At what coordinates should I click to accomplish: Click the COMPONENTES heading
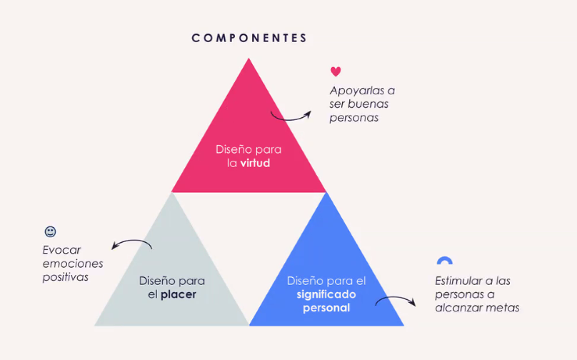tap(249, 38)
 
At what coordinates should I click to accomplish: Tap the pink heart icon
tap(336, 71)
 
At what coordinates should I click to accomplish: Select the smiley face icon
tap(50, 231)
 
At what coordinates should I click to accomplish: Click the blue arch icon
tap(444, 261)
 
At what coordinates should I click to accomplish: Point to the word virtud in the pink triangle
tap(255, 163)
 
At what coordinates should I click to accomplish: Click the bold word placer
tap(179, 294)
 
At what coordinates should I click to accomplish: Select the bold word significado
tap(326, 294)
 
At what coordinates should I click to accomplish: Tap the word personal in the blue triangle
tap(326, 308)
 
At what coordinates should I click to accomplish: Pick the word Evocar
tap(61, 250)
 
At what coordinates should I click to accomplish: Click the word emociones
tap(73, 264)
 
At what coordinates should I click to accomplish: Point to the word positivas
tap(66, 276)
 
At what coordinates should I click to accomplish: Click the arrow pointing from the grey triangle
tap(132, 244)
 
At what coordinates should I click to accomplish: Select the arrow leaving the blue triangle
tap(396, 301)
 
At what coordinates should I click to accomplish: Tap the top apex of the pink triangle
tap(249, 59)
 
